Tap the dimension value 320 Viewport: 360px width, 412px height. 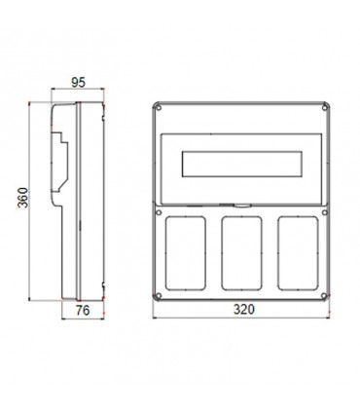point(243,310)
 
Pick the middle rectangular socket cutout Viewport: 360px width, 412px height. point(242,251)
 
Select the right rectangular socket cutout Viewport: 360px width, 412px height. point(297,251)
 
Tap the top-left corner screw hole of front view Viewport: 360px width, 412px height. point(159,108)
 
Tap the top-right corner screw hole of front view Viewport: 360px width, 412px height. point(327,108)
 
